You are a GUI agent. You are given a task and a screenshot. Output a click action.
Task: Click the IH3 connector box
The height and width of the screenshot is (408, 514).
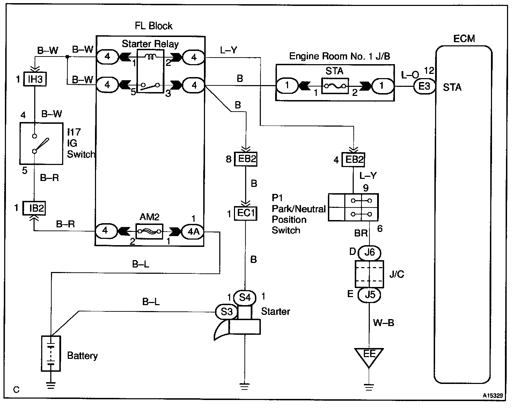point(35,79)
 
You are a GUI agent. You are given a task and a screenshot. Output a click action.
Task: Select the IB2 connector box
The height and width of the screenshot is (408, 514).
point(34,208)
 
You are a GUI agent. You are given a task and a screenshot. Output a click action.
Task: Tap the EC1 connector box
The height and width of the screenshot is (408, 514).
point(245,213)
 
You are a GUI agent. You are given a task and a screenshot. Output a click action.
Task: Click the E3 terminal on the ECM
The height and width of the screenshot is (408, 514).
point(424,86)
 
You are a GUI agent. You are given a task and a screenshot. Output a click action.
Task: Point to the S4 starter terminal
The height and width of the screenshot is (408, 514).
point(244,297)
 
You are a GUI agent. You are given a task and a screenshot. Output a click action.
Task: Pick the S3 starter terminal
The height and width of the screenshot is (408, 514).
point(226,312)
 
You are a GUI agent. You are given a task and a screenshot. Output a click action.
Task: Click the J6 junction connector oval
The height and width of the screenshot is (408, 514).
point(369,253)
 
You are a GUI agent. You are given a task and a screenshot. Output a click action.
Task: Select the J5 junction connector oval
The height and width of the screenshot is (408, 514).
point(369,295)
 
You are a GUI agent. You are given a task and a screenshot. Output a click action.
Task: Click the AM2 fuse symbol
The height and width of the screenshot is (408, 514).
point(149,231)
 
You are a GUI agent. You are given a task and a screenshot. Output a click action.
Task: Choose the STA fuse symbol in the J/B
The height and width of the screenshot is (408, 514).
point(335,86)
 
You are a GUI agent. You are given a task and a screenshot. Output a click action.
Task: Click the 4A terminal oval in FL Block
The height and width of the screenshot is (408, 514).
point(193,232)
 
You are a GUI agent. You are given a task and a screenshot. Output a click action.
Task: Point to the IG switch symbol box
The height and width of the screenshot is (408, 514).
point(41,144)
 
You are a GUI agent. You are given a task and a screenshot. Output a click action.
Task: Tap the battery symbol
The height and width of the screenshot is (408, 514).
point(51,353)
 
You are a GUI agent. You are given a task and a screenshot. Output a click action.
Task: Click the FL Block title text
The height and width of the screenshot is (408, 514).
point(154,26)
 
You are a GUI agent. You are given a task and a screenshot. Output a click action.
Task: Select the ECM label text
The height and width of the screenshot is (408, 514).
point(464,38)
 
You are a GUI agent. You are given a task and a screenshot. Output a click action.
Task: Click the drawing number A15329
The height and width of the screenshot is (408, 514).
point(493,395)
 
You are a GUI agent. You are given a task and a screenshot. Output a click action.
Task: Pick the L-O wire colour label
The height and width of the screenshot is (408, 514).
point(410,75)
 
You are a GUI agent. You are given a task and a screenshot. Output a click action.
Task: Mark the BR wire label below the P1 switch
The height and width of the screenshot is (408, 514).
point(361,233)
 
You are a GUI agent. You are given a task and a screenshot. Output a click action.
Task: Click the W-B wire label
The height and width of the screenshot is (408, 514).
point(384,323)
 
